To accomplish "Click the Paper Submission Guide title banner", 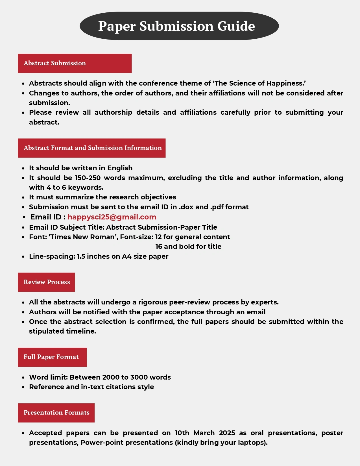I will click(x=179, y=26).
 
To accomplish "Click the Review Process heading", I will click(x=47, y=282).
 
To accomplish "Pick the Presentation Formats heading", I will click(x=56, y=413).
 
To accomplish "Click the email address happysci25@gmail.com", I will click(x=112, y=217).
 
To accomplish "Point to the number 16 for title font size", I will click(x=159, y=247).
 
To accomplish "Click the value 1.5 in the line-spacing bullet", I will click(x=81, y=256).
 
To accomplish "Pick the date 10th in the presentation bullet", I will click(x=182, y=433).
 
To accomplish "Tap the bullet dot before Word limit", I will click(x=23, y=378).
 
